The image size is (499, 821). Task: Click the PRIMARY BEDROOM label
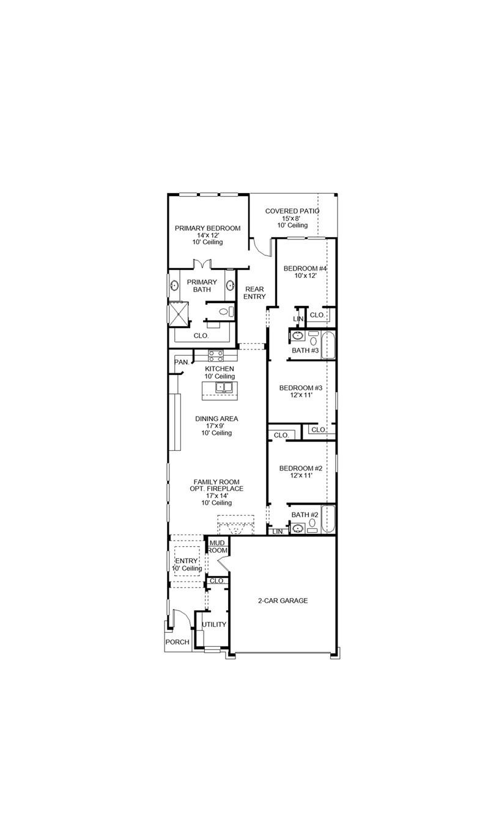(x=207, y=228)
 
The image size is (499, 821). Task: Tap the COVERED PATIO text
(x=292, y=211)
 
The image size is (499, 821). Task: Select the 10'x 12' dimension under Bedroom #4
(x=305, y=275)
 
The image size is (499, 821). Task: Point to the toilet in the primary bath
(x=224, y=312)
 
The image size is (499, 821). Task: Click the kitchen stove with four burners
(x=216, y=354)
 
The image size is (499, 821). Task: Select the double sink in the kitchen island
(x=223, y=387)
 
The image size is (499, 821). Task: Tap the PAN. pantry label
(x=182, y=362)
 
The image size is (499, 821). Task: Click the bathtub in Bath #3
(x=328, y=345)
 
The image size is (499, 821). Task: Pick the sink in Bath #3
(x=298, y=337)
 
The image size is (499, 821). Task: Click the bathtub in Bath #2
(x=328, y=519)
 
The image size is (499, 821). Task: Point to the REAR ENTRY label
(x=254, y=293)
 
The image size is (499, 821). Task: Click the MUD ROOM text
(x=218, y=547)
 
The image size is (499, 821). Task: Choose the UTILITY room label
(x=214, y=624)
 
